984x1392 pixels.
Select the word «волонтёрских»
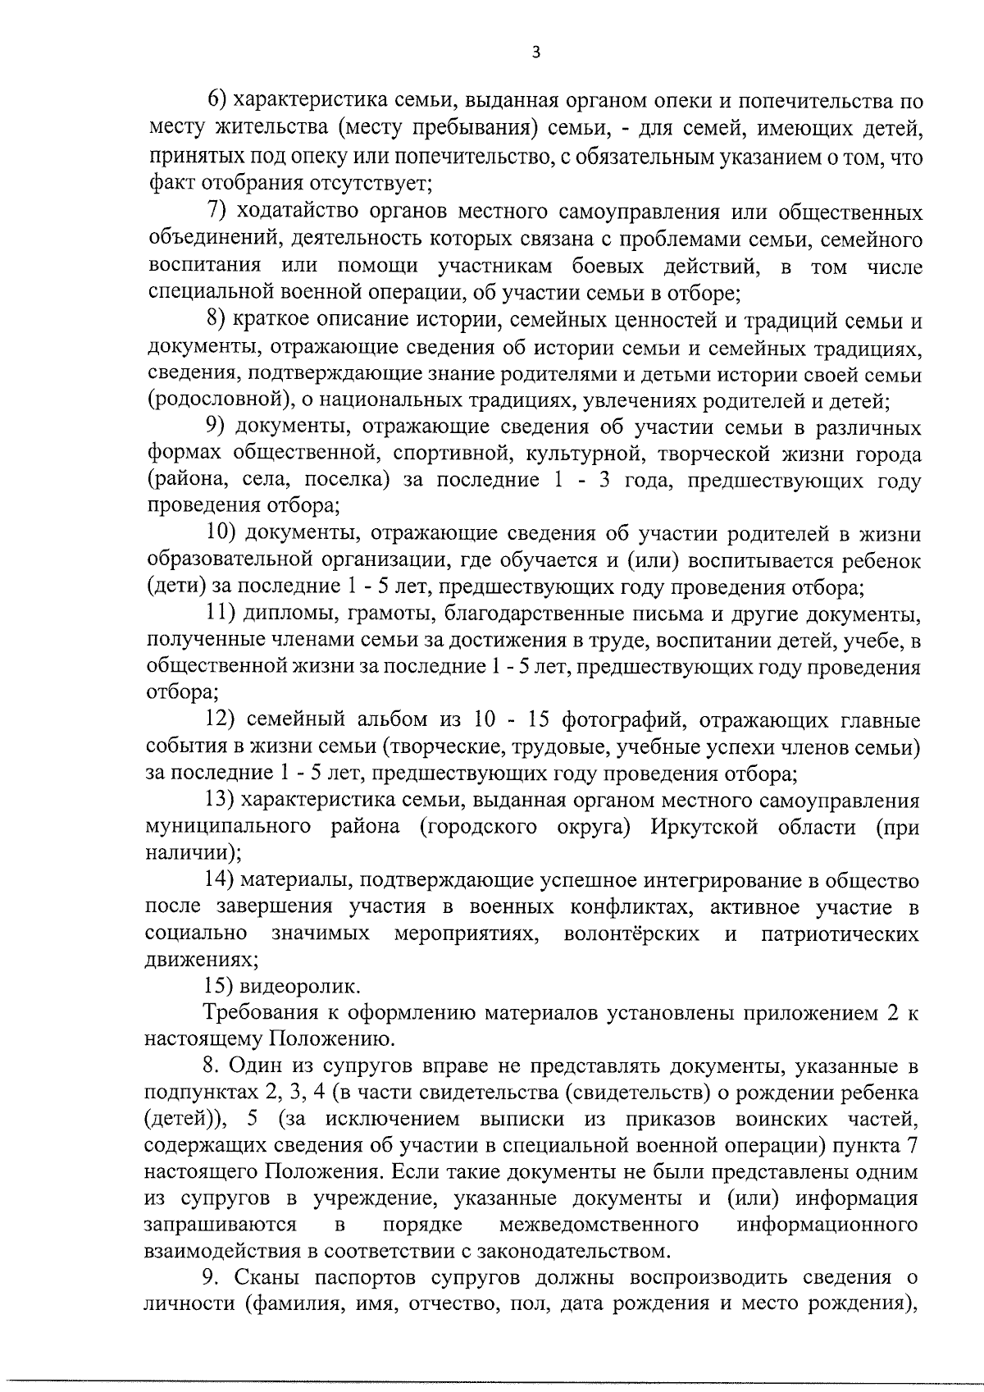(631, 933)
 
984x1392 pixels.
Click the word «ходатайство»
(289, 212)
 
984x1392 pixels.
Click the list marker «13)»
(220, 800)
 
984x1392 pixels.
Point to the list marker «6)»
(216, 102)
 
